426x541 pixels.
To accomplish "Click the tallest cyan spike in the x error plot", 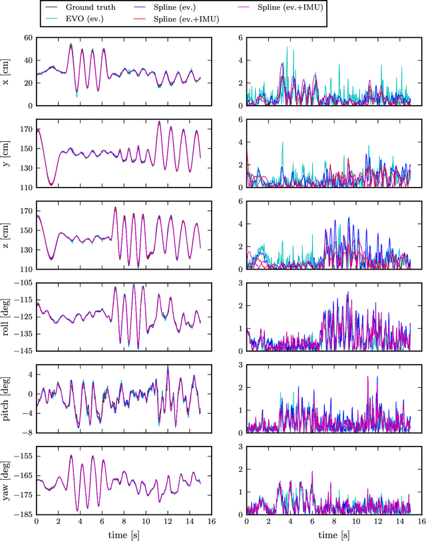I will coord(287,47).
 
